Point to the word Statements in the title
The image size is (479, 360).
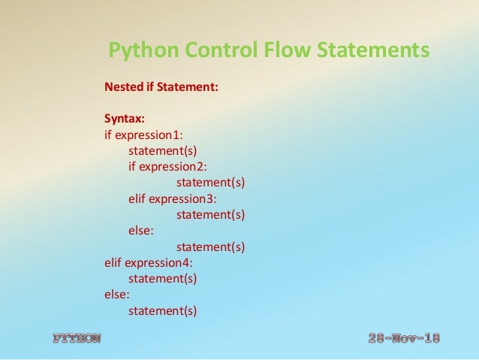point(372,51)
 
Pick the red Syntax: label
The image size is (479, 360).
point(125,119)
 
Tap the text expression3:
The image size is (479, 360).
point(182,198)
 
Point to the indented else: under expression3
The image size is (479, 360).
point(140,231)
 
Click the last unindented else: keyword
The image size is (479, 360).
point(116,294)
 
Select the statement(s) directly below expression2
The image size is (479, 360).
point(210,183)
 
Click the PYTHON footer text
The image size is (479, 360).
point(76,338)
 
